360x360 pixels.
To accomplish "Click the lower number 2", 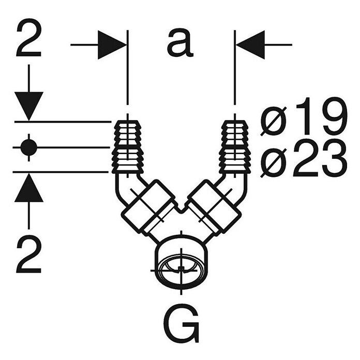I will click(x=28, y=254).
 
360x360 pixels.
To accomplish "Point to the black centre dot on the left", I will click(x=28, y=147).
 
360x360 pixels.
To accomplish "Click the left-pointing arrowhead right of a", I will click(x=250, y=45).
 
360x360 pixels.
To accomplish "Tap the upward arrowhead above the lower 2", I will click(x=28, y=188).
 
